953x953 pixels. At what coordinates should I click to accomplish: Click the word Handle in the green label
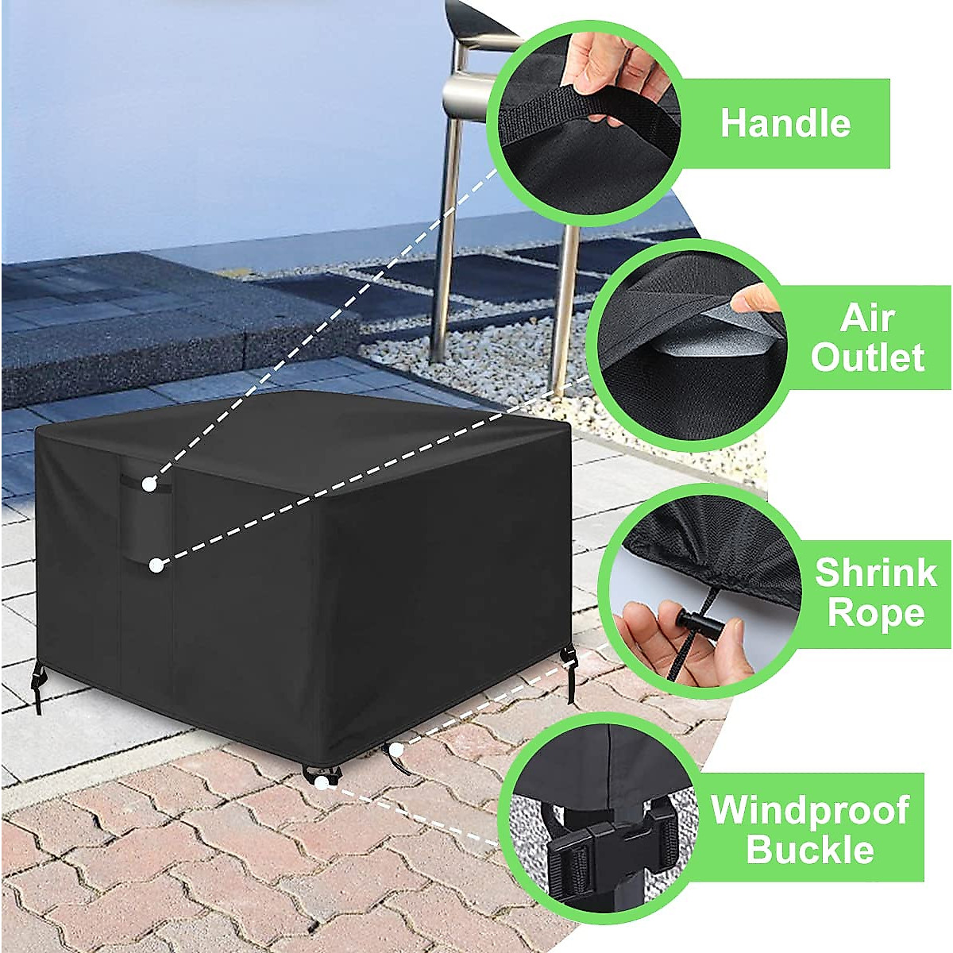tap(785, 123)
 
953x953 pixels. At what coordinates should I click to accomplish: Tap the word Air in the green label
tap(868, 318)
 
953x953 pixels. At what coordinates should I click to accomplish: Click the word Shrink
tap(875, 573)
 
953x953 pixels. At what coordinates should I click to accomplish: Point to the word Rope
tap(875, 613)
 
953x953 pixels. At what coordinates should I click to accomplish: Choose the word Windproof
tap(810, 810)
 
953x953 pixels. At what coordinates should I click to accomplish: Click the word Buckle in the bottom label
tap(810, 849)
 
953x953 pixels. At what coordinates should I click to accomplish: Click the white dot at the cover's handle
tap(149, 484)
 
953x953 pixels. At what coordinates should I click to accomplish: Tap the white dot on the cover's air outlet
tap(156, 565)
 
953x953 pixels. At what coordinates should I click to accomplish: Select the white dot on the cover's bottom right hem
tap(395, 748)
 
